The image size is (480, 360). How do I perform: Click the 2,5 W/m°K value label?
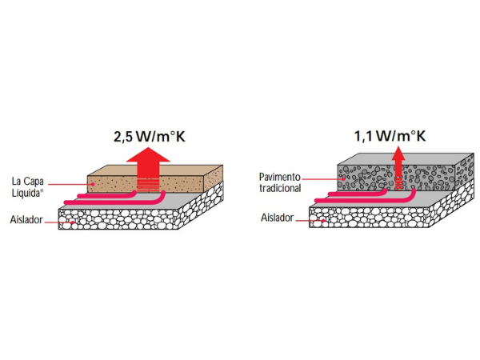pos(150,137)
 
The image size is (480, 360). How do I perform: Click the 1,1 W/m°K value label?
pos(390,136)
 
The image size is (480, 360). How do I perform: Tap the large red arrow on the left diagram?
pos(148,170)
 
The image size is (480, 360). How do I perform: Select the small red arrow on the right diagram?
pos(398,168)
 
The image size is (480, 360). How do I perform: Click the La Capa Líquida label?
pos(27,187)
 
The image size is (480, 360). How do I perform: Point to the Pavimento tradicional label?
pos(280,182)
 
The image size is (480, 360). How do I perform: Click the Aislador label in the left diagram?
pos(26,220)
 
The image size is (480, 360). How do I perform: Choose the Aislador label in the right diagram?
pos(277,218)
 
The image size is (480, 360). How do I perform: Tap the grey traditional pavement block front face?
pos(396,178)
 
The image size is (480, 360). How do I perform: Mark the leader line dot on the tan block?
pos(93,184)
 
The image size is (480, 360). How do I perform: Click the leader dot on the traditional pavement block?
pos(344,179)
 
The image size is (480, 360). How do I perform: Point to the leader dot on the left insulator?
pos(73,222)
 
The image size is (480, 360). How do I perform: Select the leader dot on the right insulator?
pos(323,221)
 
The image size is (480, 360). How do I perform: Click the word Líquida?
pos(27,194)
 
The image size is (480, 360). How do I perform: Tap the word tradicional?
pos(280,188)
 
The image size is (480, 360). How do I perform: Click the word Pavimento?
pos(280,177)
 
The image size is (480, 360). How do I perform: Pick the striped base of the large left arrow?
pos(148,185)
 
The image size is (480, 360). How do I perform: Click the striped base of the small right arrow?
pos(398,183)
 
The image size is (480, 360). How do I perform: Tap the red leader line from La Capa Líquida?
pos(70,184)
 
